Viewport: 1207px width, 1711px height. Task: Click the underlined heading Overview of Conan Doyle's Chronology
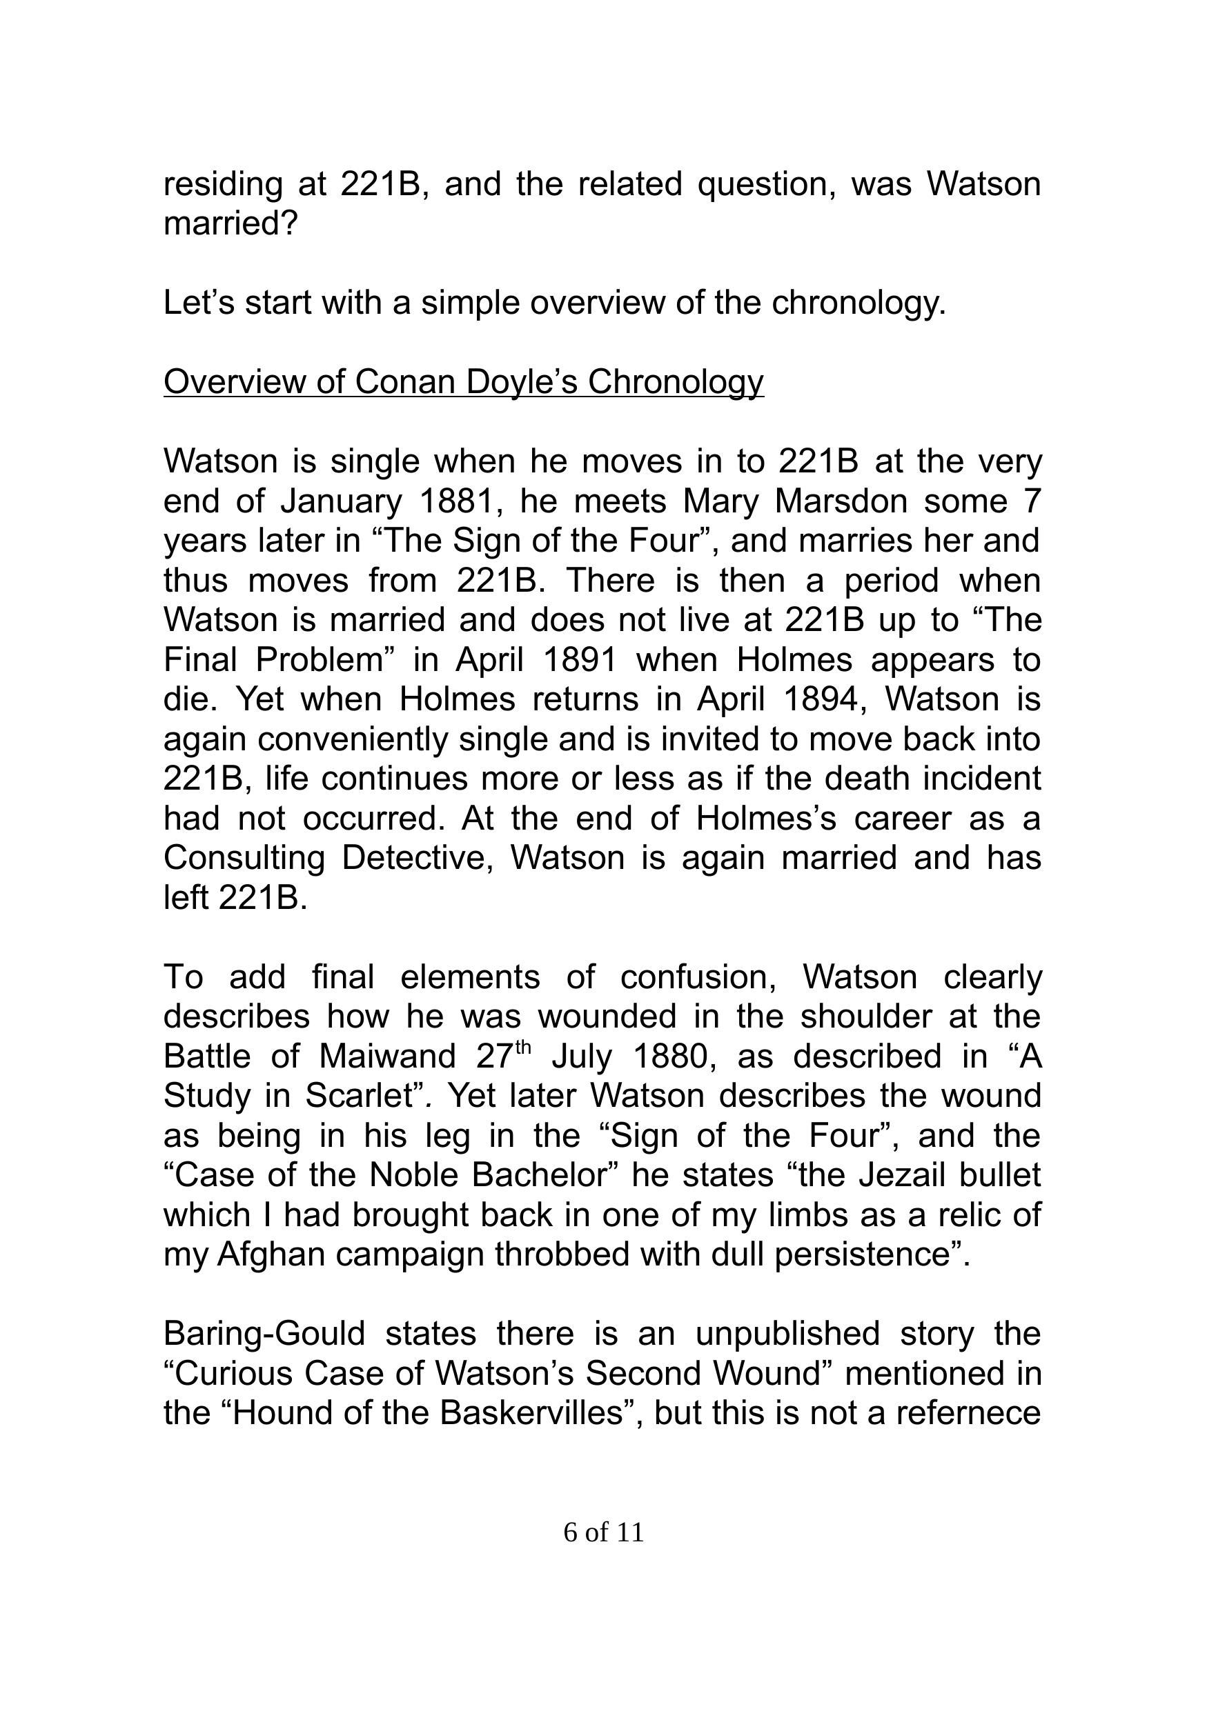pyautogui.click(x=463, y=382)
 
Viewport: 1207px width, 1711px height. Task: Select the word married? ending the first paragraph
pyautogui.click(x=230, y=223)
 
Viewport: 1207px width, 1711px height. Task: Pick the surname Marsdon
pyautogui.click(x=841, y=501)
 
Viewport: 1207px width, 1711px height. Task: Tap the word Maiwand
pyautogui.click(x=387, y=1056)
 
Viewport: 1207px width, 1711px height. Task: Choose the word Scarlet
pyautogui.click(x=360, y=1095)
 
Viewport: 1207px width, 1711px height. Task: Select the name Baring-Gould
pyautogui.click(x=264, y=1333)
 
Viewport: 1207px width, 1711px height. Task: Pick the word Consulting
pyautogui.click(x=244, y=858)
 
